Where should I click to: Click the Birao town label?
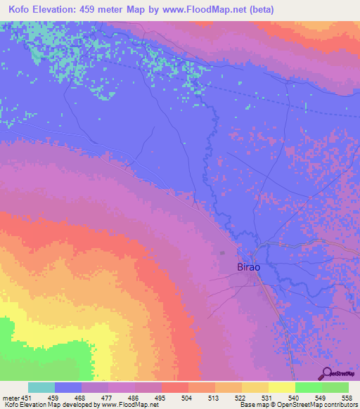pos(247,268)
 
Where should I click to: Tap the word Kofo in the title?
pos(21,10)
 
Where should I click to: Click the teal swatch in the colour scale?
pos(41,387)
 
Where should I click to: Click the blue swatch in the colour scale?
pos(68,387)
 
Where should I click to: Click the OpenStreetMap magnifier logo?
pos(327,372)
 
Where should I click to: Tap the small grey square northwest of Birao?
pos(223,253)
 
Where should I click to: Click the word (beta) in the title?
pos(258,10)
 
